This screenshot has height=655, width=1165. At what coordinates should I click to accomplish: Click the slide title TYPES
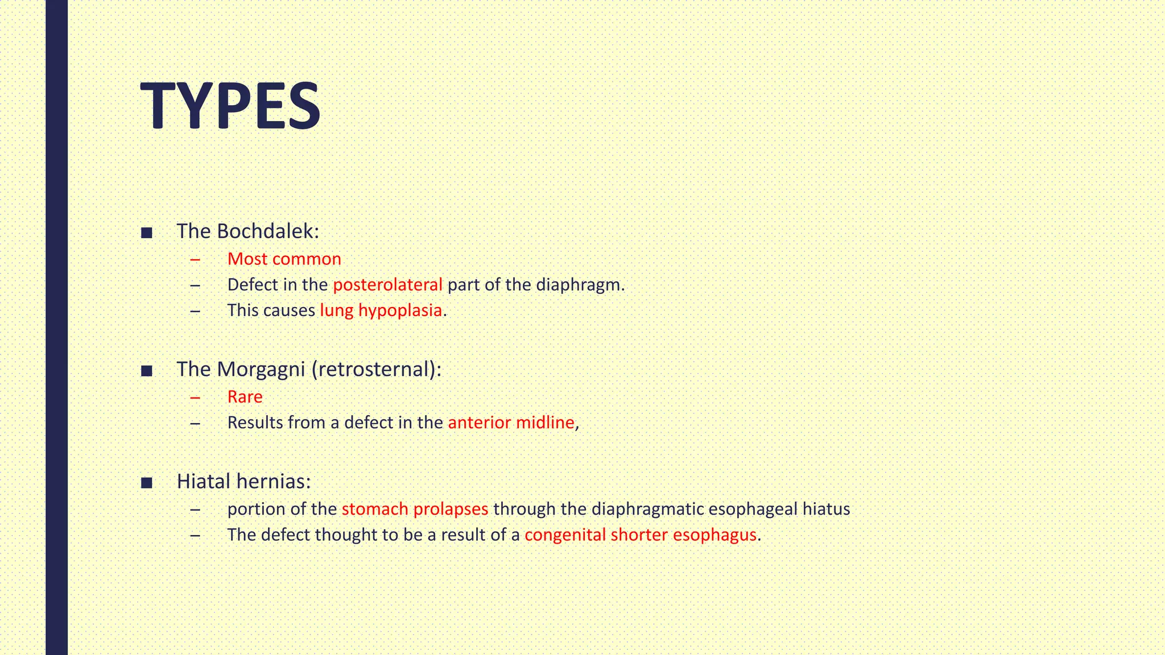(x=230, y=106)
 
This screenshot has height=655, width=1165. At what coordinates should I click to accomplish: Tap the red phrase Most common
(x=284, y=259)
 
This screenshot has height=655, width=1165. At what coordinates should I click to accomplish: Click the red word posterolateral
(x=387, y=284)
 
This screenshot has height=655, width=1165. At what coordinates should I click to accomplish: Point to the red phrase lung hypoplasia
(x=381, y=310)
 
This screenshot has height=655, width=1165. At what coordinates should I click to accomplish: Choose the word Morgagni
(x=261, y=369)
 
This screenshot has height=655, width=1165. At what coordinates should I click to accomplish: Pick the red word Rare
(x=245, y=396)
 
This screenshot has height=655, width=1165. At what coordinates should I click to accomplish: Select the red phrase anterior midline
(x=511, y=422)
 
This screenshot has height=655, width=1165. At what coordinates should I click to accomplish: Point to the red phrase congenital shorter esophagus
(x=641, y=534)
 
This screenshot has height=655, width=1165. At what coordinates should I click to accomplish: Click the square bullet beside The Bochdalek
(x=147, y=233)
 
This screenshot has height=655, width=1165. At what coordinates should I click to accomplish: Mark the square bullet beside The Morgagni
(x=147, y=371)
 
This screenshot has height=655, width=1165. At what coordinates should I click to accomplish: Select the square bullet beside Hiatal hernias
(x=147, y=483)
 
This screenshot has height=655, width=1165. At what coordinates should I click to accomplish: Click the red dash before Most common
(x=196, y=259)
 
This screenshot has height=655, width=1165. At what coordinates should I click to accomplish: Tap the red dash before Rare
(x=196, y=397)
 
